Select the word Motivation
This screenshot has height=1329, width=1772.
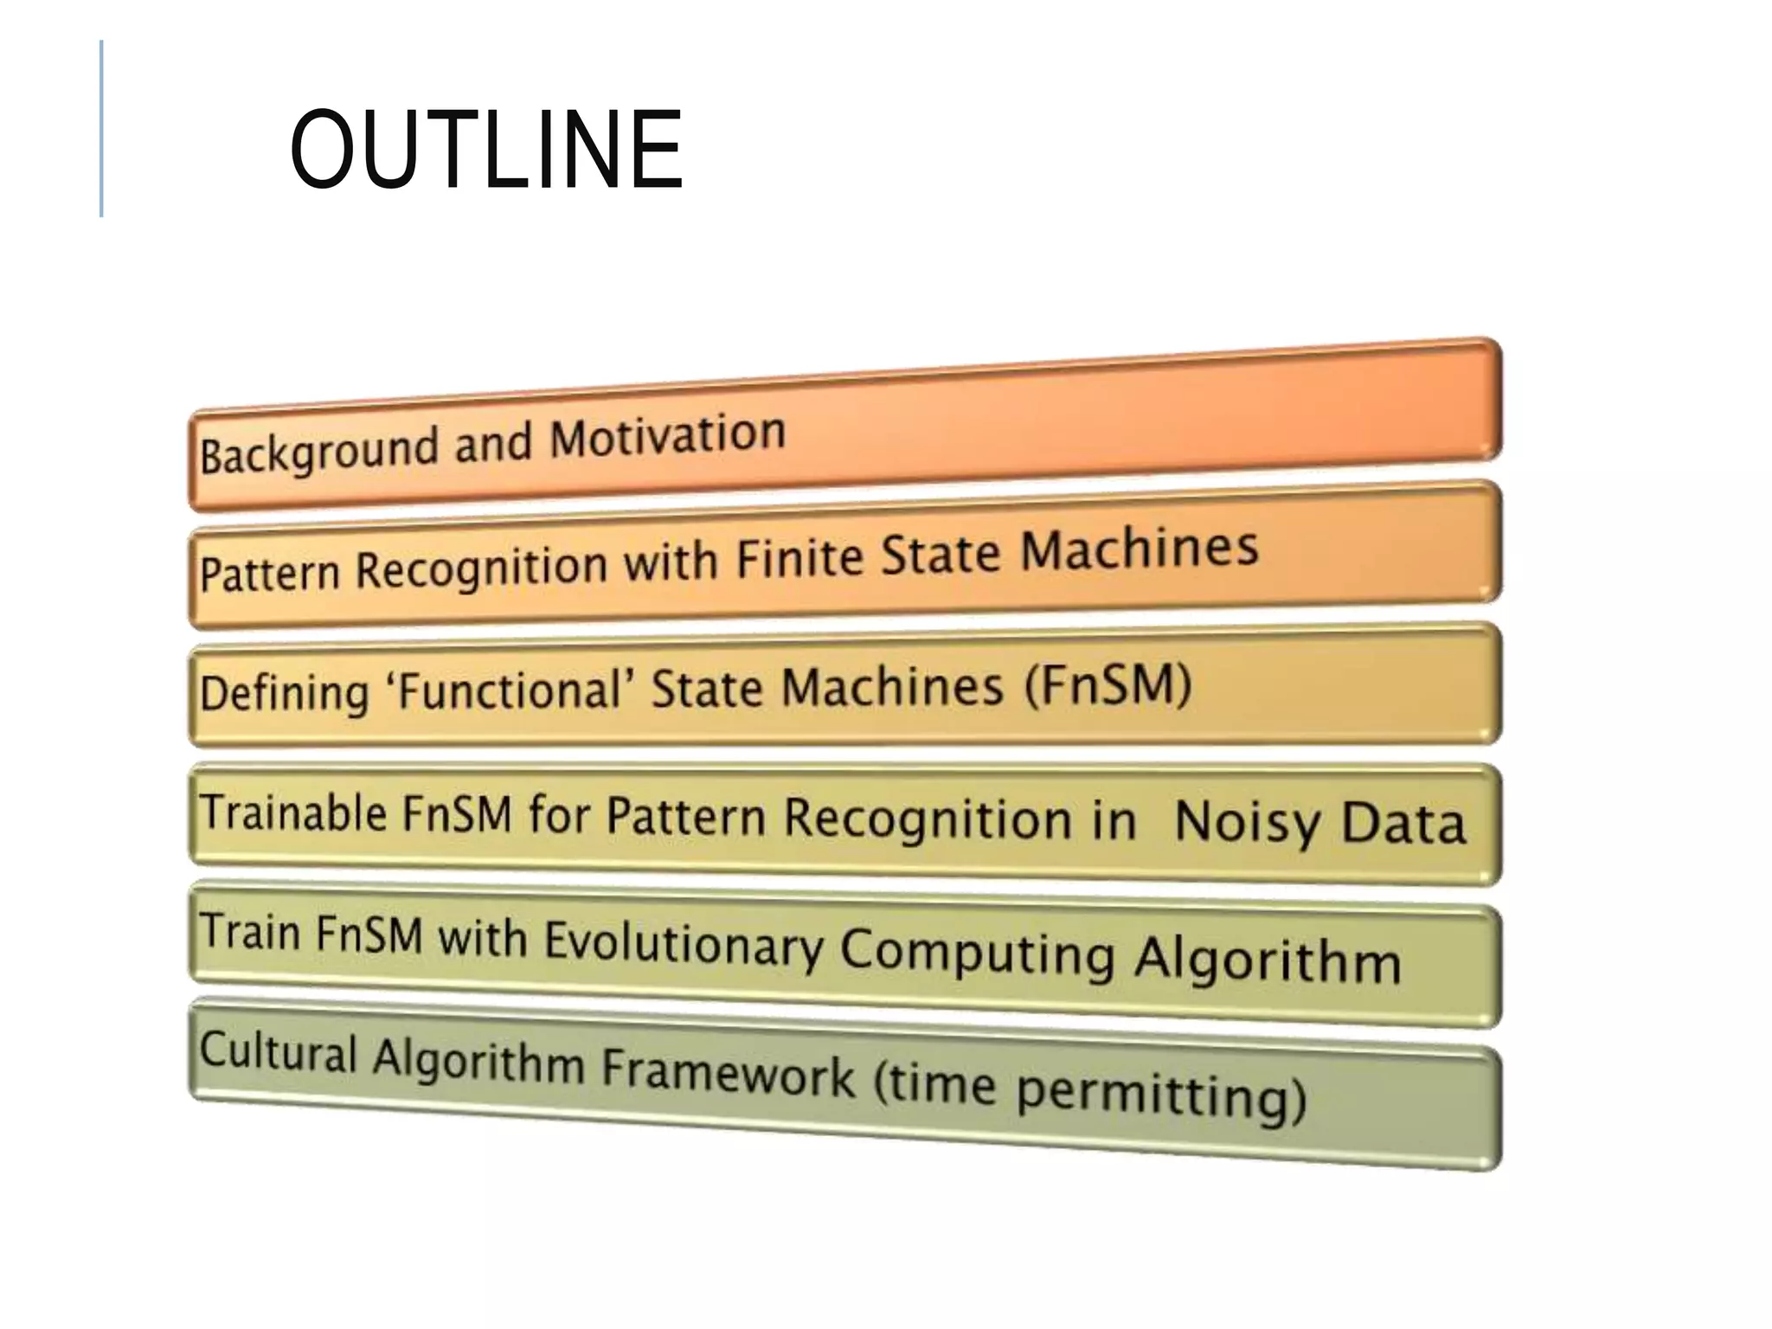click(x=667, y=435)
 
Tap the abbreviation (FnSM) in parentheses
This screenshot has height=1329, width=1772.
click(x=1107, y=685)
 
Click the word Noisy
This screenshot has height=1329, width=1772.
click(x=1246, y=822)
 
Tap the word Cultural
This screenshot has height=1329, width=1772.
click(x=278, y=1052)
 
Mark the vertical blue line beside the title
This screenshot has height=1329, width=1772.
click(x=102, y=128)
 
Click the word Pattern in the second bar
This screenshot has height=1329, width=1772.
click(x=269, y=573)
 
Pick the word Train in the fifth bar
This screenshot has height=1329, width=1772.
click(x=250, y=933)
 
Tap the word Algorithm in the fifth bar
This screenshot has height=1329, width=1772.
click(x=1267, y=960)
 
